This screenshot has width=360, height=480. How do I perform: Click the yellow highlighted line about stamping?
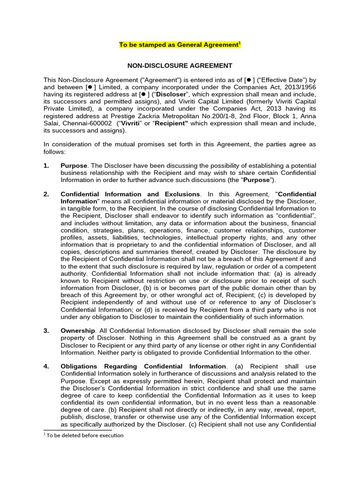180,45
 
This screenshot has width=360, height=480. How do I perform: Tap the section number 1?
46,166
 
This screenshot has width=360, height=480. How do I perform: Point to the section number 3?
46,330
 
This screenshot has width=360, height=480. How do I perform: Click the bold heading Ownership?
76,330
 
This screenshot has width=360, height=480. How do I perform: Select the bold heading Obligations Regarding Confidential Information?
143,366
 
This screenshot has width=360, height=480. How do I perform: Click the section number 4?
46,366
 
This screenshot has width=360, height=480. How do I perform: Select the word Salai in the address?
52,123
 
